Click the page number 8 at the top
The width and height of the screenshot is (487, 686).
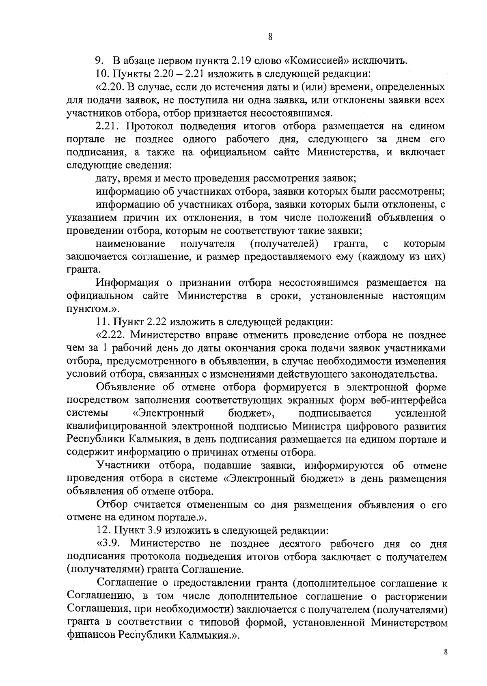pos(270,37)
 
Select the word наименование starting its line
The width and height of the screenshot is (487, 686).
pos(130,244)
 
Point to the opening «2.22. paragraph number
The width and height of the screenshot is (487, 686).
pos(111,335)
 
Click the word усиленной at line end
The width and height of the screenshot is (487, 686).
pos(420,413)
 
